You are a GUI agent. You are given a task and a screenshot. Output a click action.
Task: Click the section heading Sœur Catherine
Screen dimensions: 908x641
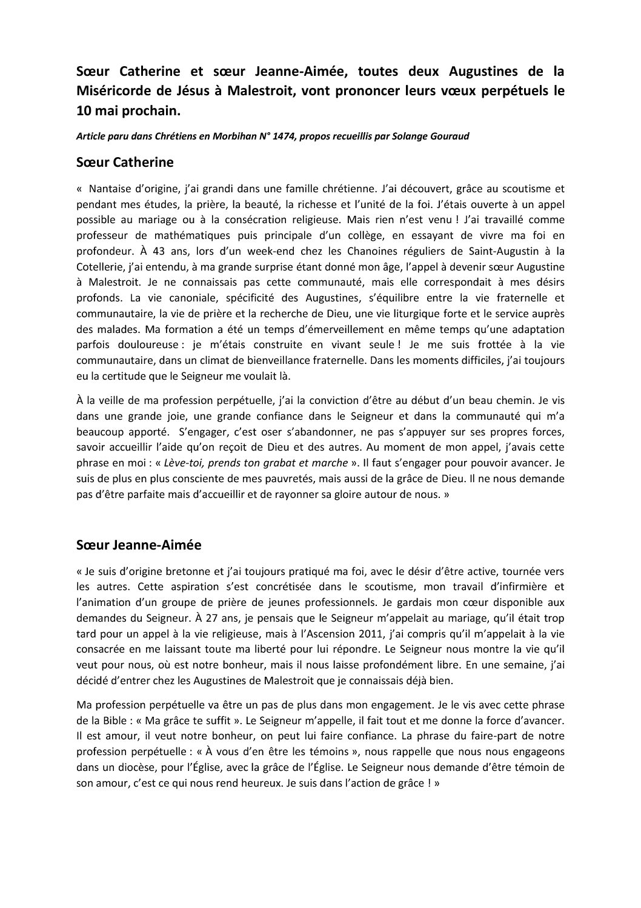click(125, 162)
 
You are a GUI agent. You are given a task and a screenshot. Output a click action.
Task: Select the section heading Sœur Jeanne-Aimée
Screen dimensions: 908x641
click(139, 545)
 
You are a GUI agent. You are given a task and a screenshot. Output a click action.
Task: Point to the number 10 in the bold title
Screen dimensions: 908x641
click(84, 112)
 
